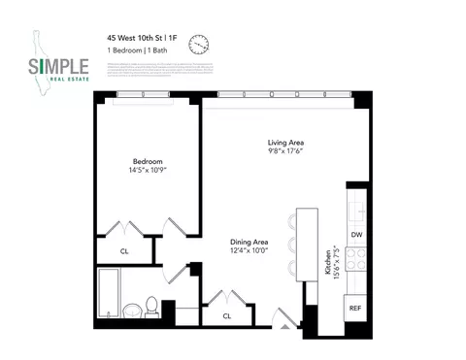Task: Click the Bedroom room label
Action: (148, 161)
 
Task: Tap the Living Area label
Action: (287, 143)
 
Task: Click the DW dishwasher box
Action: (356, 236)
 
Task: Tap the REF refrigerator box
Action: (356, 309)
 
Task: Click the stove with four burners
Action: (356, 260)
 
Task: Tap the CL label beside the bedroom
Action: (124, 251)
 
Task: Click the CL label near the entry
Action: (227, 315)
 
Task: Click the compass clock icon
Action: (199, 45)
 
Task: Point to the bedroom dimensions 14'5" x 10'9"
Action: (148, 172)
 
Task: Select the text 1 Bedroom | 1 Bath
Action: (140, 52)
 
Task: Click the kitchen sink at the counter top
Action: (356, 206)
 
